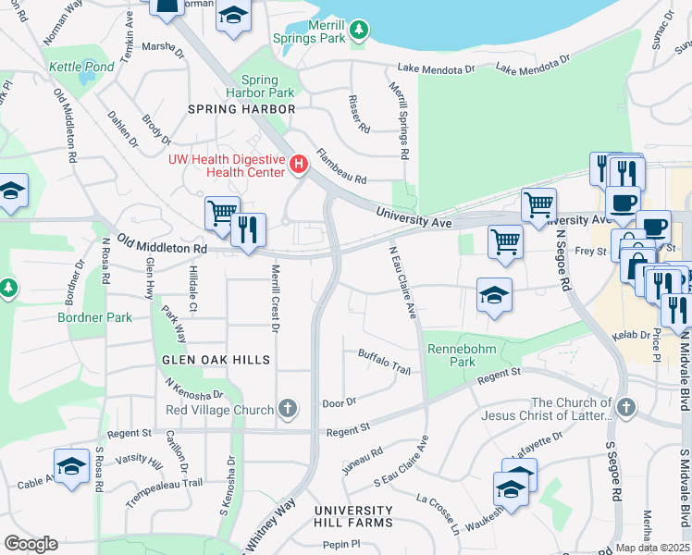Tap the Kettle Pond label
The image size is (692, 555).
click(81, 68)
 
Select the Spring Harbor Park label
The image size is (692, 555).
click(267, 86)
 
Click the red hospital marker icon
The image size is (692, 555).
click(299, 165)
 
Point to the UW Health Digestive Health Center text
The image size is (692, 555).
click(227, 165)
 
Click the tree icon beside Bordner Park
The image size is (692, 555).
click(8, 288)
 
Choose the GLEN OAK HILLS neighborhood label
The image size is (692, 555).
click(216, 360)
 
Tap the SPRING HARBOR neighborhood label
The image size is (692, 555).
click(241, 108)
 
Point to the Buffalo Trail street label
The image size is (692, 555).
click(383, 361)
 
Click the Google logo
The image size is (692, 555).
click(31, 544)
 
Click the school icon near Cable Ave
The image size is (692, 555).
click(71, 467)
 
